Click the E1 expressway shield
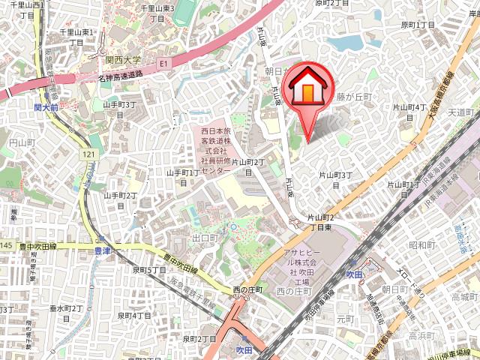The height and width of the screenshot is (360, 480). coord(163,65)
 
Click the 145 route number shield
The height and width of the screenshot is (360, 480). coord(6,245)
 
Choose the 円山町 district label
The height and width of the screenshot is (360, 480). coord(16,140)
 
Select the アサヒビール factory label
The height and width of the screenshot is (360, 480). coord(301,262)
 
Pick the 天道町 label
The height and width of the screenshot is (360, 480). coord(462,112)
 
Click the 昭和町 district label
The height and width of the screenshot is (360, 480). coord(422,244)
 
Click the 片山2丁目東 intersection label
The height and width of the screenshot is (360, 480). coord(320,222)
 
